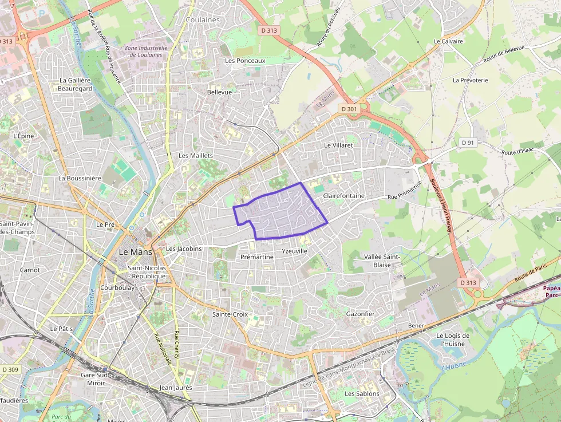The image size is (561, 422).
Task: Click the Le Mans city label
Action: point(136,252)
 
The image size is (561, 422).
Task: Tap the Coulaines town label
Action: point(203,20)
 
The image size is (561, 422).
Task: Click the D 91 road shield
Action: point(468,143)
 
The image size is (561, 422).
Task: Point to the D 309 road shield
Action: point(10,370)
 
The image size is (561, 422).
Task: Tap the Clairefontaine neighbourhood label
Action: point(343,196)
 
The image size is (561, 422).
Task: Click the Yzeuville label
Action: point(295,251)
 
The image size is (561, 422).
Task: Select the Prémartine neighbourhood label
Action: point(257,258)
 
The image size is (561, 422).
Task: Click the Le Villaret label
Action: point(338,145)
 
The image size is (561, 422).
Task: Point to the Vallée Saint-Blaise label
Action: point(385,261)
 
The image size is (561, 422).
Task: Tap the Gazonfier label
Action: point(360,314)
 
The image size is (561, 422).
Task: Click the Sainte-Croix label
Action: point(230,314)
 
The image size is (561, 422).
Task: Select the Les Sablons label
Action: point(362,394)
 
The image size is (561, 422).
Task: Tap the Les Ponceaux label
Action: point(245,61)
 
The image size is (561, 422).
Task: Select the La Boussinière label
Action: point(80,178)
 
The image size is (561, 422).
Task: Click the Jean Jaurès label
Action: point(176,388)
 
